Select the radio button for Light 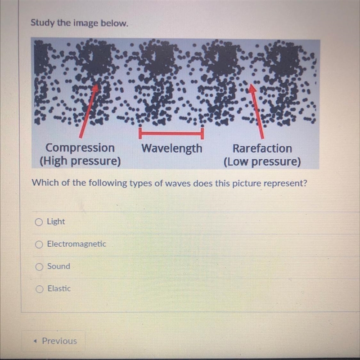(39, 222)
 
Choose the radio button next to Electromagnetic (39, 244)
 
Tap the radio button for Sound (39, 267)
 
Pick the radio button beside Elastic (40, 289)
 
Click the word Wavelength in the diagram (172, 148)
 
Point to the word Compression (80, 148)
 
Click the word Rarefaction (262, 148)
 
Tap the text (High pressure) (80, 161)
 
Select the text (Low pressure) (262, 162)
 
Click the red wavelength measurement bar (171, 133)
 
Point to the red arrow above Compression (89, 111)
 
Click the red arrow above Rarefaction (256, 111)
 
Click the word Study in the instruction (43, 23)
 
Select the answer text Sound (59, 266)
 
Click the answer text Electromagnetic (76, 244)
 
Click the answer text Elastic (59, 288)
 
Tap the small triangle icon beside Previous (35, 341)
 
